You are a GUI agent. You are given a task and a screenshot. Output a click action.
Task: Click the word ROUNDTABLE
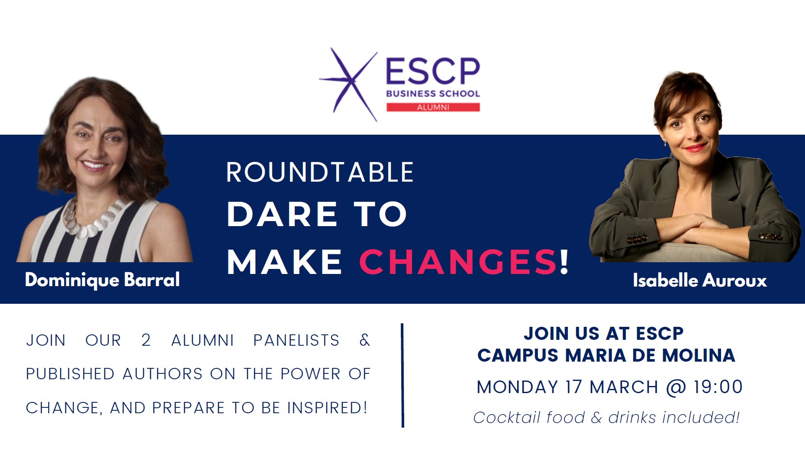(x=320, y=172)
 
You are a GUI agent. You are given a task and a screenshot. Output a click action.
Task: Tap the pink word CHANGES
(x=457, y=262)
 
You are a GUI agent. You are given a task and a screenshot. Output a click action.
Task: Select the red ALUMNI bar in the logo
(x=433, y=107)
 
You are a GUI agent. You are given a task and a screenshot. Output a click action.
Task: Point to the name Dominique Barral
(x=102, y=280)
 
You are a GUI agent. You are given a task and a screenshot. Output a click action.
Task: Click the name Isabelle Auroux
(x=700, y=280)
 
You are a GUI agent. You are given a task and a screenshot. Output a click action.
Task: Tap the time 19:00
(x=718, y=387)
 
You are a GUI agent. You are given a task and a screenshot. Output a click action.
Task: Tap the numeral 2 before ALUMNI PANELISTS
(x=146, y=340)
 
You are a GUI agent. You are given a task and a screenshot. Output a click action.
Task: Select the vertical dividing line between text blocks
(x=402, y=375)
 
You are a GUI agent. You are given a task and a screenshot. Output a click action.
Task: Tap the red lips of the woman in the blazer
(x=695, y=148)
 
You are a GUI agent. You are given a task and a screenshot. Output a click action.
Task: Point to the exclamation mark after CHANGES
(x=565, y=262)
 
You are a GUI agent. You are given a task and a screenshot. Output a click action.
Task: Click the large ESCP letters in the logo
(x=433, y=71)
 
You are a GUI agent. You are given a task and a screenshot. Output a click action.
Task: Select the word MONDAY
(x=517, y=387)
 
